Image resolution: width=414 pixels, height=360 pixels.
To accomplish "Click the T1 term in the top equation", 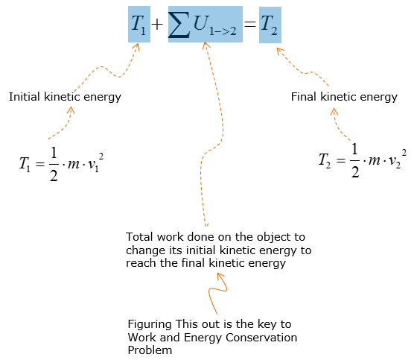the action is pos(138,25).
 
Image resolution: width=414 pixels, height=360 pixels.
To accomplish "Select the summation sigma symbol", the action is pos(179,25).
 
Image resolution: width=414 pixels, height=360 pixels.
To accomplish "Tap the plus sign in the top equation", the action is pos(157,25).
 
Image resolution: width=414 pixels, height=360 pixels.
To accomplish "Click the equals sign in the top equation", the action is pos(249,25).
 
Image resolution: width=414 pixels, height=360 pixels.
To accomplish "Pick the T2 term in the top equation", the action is pos(269,25).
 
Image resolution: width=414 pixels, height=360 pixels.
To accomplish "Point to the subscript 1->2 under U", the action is pos(223,31).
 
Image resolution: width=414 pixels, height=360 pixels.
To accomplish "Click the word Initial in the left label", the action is pos(25,97).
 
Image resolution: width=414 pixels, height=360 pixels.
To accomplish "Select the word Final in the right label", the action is pos(303,97).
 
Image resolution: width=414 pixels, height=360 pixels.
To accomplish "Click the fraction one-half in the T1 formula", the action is pos(54,164).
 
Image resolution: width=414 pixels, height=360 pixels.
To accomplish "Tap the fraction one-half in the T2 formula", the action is pos(355,160).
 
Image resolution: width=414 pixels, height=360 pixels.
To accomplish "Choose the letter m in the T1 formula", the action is pos(74,164).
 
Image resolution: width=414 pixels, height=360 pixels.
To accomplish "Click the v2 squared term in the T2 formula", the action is pos(398,160).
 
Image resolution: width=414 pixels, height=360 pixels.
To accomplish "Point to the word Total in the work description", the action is pos(139,237).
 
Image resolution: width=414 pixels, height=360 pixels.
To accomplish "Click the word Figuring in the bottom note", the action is pos(150,324).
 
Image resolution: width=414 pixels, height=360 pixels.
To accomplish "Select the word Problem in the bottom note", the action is pos(150,351).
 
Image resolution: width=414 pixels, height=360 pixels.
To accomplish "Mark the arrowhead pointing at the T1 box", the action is pos(136,47).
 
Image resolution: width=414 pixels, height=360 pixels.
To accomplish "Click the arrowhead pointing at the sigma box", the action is pos(206,45).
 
